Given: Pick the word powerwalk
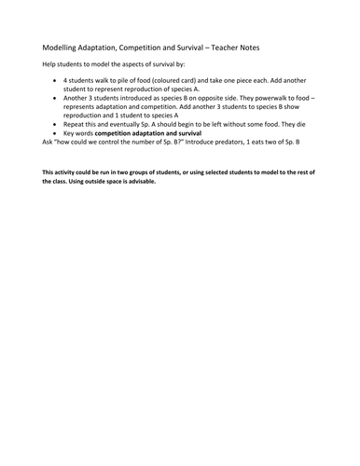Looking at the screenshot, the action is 254,96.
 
